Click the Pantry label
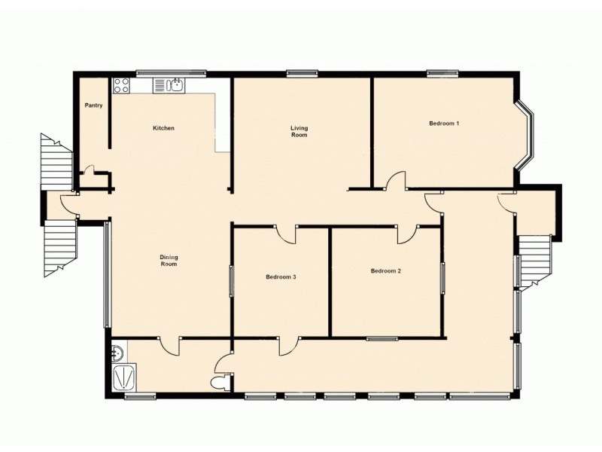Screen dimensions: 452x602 pos(93,105)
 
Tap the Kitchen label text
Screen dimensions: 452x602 pos(163,128)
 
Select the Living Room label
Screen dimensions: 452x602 pos(299,132)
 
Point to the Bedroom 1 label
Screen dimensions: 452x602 pos(444,123)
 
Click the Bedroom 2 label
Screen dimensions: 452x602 pos(385,270)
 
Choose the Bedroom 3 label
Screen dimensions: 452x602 pos(281,277)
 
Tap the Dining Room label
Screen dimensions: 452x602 pos(169,261)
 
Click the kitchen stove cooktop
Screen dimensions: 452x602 pos(121,86)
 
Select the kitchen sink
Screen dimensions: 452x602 pos(176,85)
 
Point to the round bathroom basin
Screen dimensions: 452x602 pos(118,351)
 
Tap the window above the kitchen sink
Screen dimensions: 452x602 pos(171,73)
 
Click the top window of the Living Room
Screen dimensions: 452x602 pos(301,73)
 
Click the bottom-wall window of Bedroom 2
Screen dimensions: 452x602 pos(382,338)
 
